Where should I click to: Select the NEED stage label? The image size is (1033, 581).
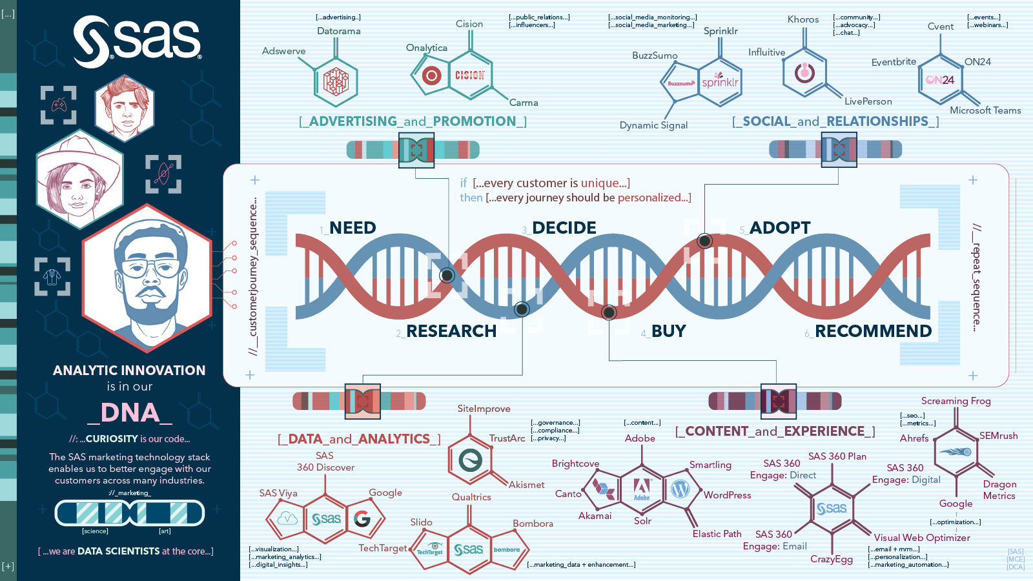(352, 228)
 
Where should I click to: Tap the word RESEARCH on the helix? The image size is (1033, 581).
(451, 331)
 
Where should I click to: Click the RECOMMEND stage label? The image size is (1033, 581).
(873, 331)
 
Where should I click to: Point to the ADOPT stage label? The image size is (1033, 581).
(779, 228)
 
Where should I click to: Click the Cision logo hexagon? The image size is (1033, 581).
(469, 76)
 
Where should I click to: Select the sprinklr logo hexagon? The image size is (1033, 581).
(719, 81)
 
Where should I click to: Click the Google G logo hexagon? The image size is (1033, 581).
(362, 518)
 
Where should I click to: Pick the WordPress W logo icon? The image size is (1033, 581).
(680, 489)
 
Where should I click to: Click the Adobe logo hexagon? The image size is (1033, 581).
(642, 489)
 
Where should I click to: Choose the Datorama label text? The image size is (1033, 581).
(339, 31)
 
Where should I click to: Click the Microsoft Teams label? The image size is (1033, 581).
(985, 110)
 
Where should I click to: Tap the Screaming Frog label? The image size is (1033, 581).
(956, 401)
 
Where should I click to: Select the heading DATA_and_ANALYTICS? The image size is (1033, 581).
(359, 439)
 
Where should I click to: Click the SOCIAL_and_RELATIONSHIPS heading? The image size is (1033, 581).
(835, 121)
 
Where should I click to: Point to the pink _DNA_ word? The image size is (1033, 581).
(130, 413)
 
